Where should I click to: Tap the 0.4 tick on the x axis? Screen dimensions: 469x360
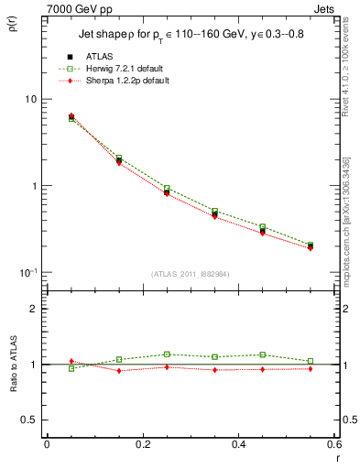(x=238, y=444)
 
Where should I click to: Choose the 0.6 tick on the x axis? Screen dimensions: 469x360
(x=334, y=444)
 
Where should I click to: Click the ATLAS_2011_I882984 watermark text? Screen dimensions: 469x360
(x=190, y=274)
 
